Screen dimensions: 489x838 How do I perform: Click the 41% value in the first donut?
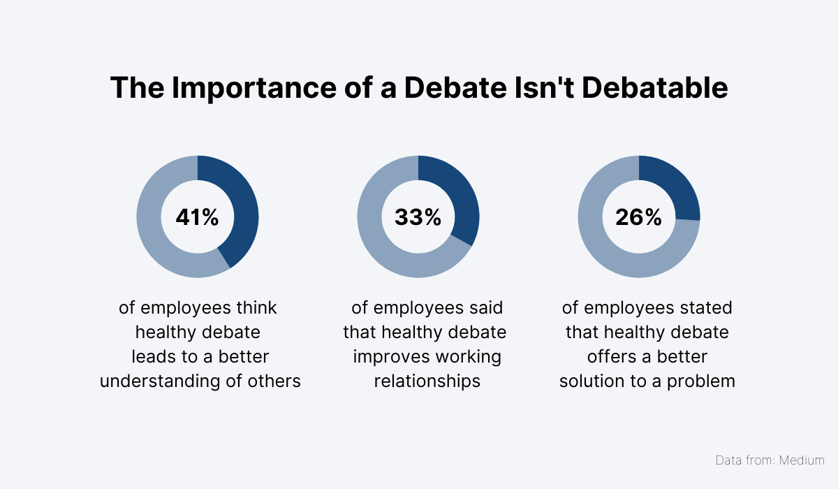pyautogui.click(x=197, y=217)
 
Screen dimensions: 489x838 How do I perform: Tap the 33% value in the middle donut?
pyautogui.click(x=418, y=217)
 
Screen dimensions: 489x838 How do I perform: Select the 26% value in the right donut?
pyautogui.click(x=638, y=217)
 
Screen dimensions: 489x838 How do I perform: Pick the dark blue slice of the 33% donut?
pyautogui.click(x=461, y=199)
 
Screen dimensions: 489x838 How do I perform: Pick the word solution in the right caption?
pyautogui.click(x=590, y=381)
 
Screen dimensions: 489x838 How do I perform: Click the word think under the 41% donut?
pyautogui.click(x=258, y=307)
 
